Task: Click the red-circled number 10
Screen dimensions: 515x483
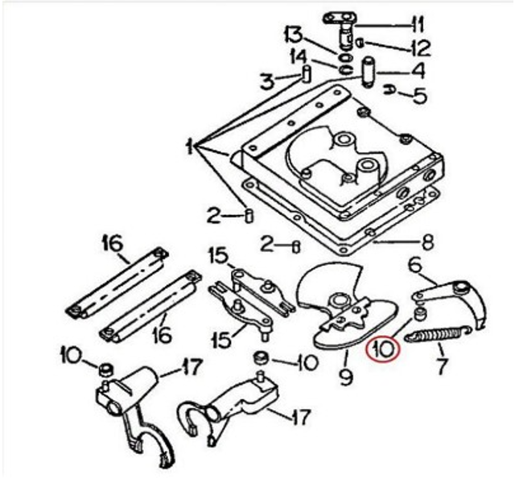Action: (383, 349)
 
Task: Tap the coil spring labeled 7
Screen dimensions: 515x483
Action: (438, 334)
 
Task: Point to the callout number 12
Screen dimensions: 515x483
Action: (420, 48)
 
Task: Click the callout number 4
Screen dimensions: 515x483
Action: (418, 71)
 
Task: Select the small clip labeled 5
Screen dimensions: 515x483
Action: (389, 90)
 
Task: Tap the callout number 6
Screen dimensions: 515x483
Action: (415, 266)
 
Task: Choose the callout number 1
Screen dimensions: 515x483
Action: (190, 147)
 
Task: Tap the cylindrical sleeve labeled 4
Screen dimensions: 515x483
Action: (369, 72)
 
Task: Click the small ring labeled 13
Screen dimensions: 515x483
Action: (345, 58)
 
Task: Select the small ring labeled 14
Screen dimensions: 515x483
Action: (345, 70)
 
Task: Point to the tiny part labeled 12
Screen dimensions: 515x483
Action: (360, 43)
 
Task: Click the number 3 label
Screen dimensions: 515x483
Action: (267, 81)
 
